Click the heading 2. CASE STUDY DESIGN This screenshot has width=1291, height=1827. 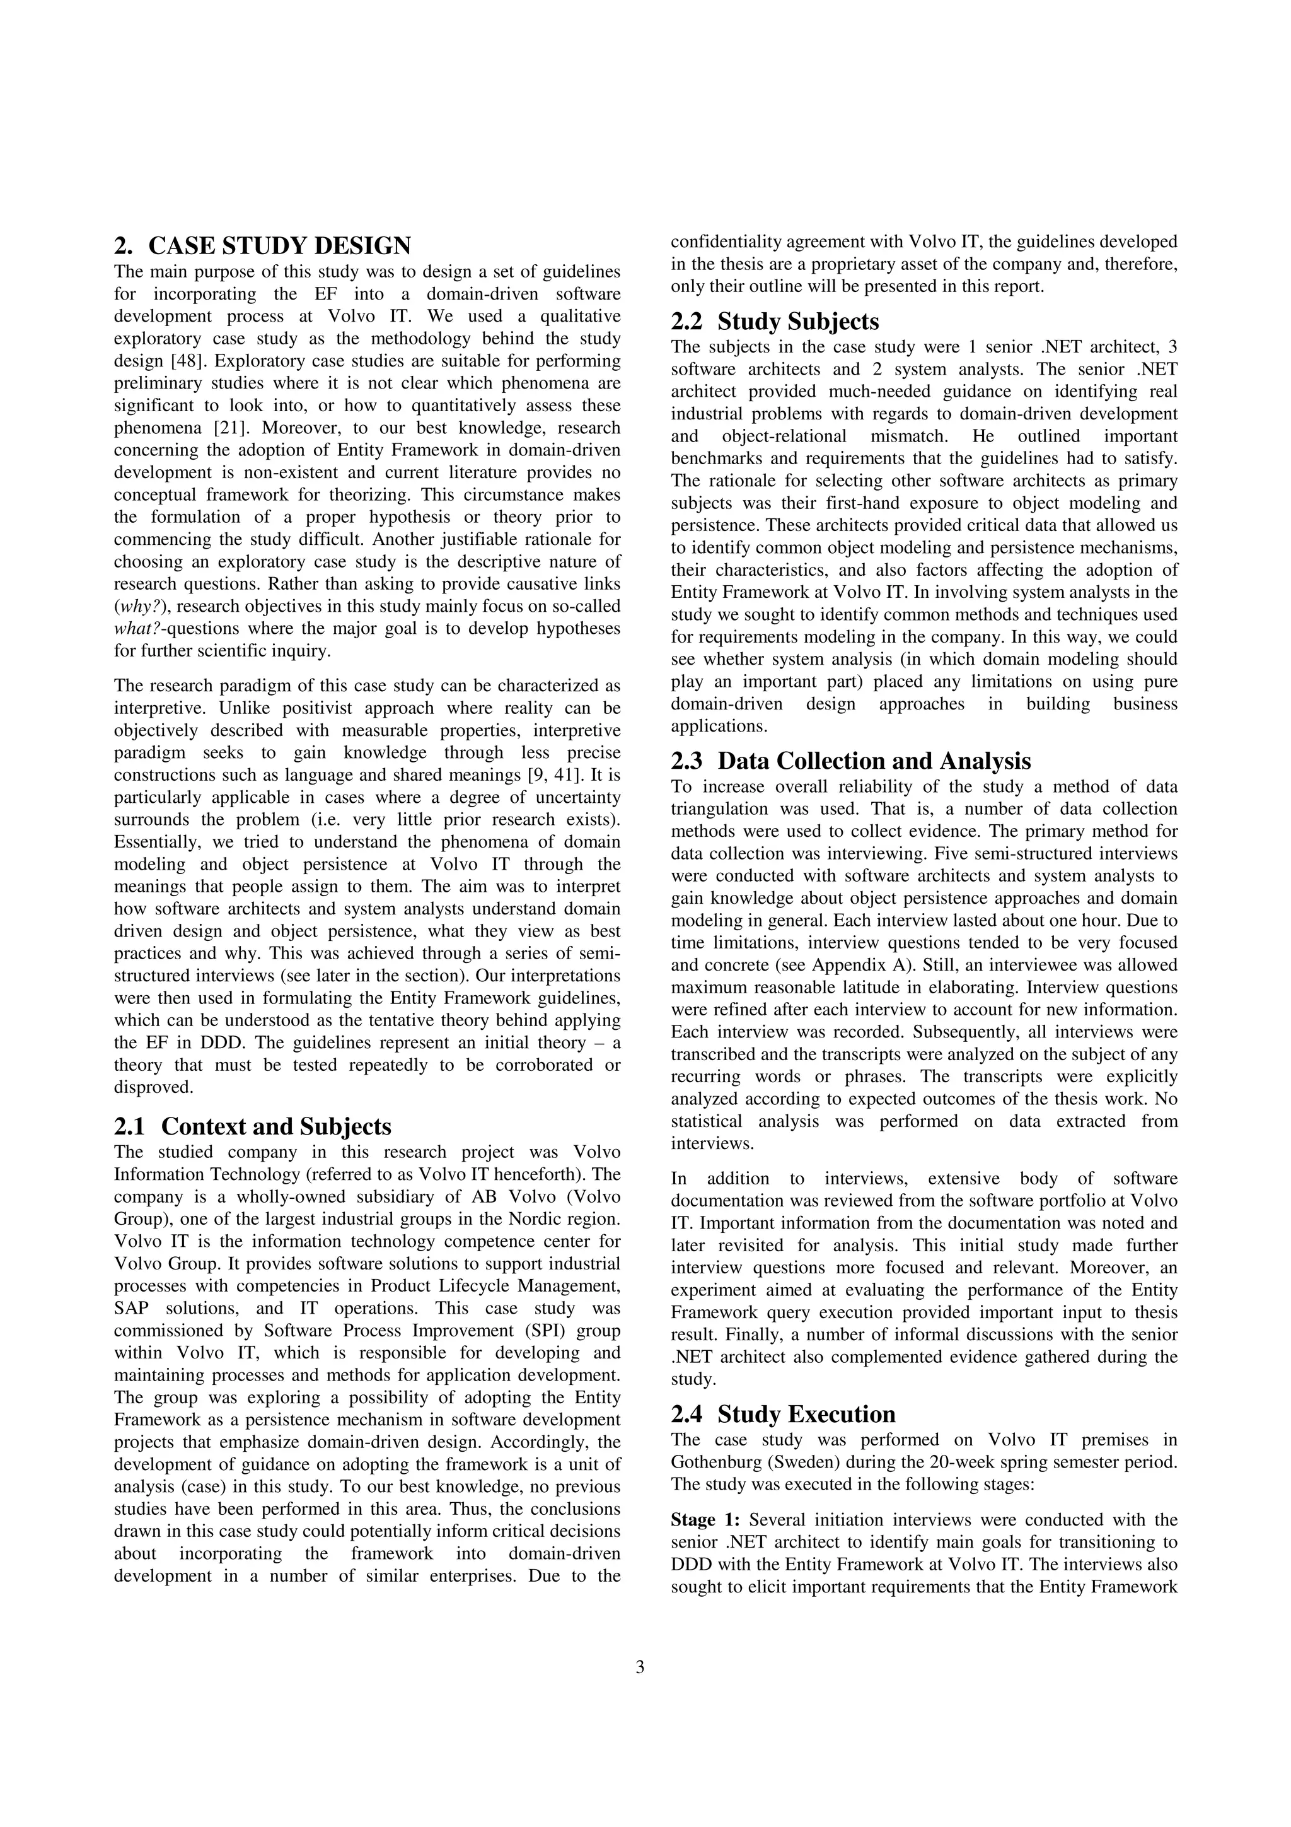coord(262,245)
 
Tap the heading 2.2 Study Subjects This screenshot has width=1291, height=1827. coord(775,322)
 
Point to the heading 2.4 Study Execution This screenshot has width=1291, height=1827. coord(783,1414)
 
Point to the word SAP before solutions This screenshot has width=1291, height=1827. coord(130,1308)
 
